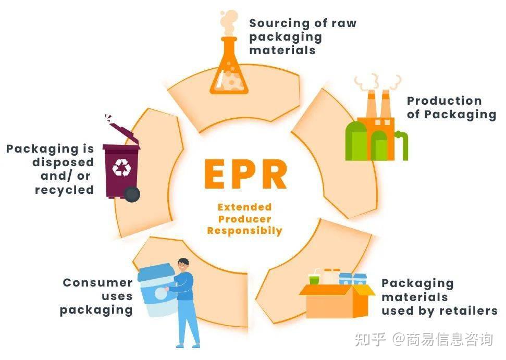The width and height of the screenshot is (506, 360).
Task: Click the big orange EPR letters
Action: [245, 175]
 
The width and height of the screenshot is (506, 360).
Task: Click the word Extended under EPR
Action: [244, 207]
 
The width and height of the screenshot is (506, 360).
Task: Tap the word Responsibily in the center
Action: [244, 230]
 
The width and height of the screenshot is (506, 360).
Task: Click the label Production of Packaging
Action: [451, 107]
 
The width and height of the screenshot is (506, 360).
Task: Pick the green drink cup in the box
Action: [314, 279]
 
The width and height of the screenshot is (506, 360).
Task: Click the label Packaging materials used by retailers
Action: [439, 297]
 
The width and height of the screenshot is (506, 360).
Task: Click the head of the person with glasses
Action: [183, 265]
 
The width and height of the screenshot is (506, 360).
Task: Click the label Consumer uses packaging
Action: [97, 296]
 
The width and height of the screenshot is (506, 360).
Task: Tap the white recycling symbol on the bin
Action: [122, 167]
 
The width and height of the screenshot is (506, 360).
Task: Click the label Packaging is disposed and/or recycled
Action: [51, 169]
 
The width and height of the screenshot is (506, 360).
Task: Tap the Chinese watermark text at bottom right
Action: [423, 340]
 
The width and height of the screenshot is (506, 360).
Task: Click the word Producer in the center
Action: [244, 219]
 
